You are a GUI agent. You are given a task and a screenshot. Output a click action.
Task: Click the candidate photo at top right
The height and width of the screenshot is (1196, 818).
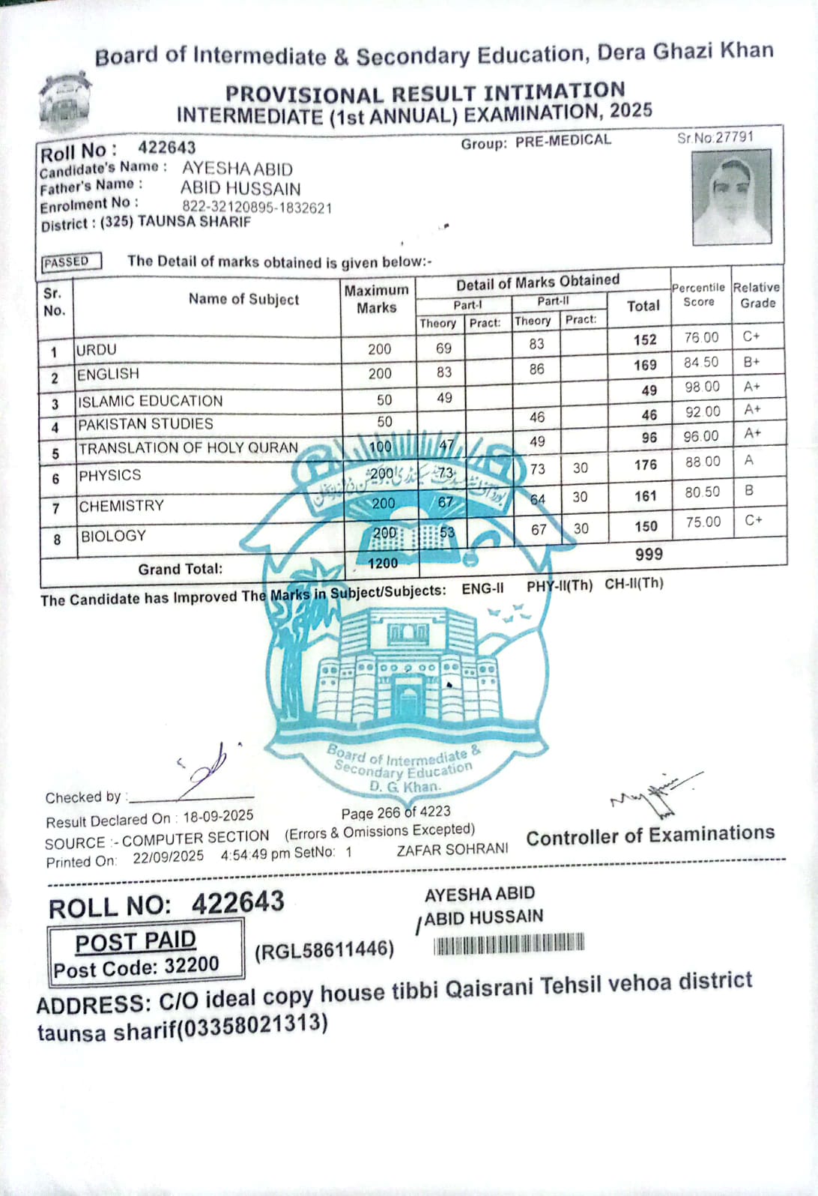(730, 197)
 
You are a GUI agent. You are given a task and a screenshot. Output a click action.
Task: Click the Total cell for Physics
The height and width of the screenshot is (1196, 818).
(645, 465)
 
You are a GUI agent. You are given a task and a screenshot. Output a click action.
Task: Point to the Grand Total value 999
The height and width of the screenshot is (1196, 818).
(649, 555)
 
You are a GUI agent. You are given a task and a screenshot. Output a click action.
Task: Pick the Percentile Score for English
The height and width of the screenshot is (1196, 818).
(701, 363)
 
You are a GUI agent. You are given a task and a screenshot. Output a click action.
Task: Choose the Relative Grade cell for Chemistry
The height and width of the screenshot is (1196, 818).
(750, 491)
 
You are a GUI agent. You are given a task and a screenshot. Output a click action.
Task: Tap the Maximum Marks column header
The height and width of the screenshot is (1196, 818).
(377, 299)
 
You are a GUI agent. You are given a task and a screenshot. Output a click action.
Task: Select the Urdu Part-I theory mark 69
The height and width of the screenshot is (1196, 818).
(443, 348)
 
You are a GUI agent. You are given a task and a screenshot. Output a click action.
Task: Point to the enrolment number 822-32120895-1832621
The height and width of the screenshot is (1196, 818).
(257, 208)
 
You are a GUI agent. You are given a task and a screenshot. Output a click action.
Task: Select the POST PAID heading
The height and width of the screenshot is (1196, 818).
(136, 941)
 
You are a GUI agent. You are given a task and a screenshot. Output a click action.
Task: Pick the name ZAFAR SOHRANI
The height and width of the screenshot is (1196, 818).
(452, 850)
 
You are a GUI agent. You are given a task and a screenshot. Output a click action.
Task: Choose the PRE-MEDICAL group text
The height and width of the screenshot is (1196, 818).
(563, 141)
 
